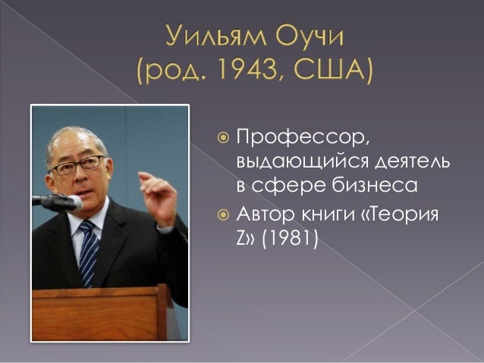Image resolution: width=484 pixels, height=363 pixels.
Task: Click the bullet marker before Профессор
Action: coord(222,139)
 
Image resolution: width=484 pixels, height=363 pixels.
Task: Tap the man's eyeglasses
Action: coord(78,164)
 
